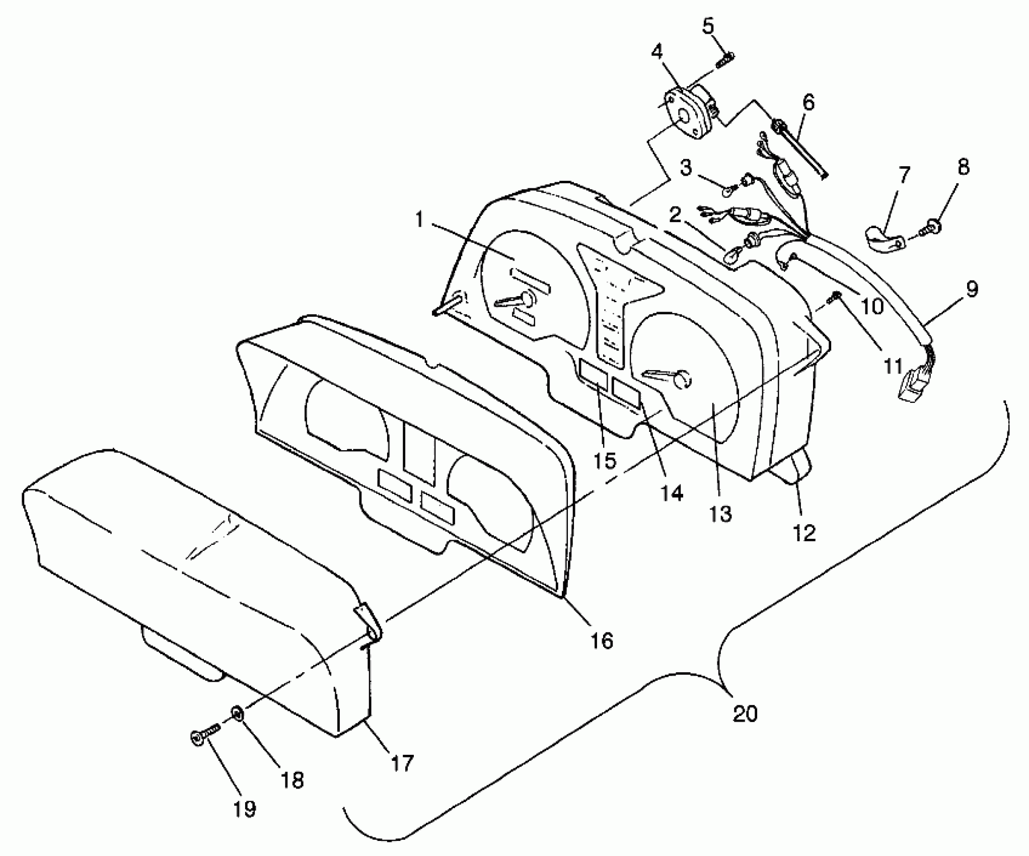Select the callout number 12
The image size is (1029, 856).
click(804, 533)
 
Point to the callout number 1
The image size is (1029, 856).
click(419, 221)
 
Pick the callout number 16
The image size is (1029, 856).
click(602, 640)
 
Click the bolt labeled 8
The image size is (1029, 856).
click(935, 229)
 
